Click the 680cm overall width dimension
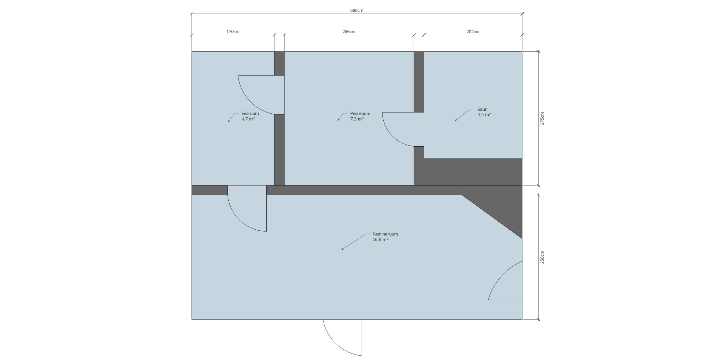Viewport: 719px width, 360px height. point(357,11)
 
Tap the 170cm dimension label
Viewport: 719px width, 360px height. point(233,32)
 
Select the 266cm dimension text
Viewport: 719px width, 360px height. point(349,32)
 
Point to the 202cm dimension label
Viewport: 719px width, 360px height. point(473,32)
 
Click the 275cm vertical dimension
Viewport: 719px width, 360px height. point(542,118)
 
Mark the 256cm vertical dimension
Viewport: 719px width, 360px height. point(542,257)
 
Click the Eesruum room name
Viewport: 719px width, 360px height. point(250,114)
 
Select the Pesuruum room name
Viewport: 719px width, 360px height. point(360,114)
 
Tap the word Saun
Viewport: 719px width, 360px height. point(482,109)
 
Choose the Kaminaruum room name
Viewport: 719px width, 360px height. point(385,234)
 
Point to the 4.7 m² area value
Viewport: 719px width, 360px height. point(248,119)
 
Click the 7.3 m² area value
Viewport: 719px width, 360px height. point(357,119)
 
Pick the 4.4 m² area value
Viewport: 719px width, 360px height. point(484,115)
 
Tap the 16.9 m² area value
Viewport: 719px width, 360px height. point(380,239)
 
